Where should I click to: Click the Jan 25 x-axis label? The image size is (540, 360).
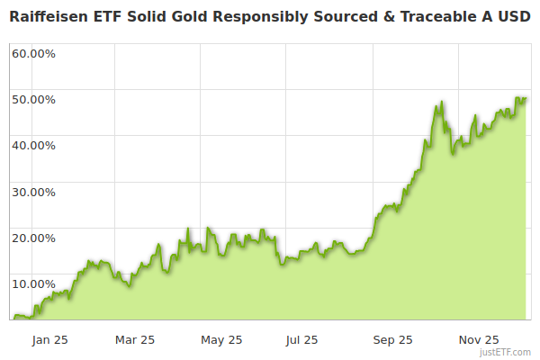49,340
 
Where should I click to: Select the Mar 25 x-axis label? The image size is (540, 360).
135,340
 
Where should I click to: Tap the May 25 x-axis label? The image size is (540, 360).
221,340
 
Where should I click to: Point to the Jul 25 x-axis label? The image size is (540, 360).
301,340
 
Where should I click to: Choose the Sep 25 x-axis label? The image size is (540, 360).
392,340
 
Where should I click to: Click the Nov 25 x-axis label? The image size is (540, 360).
479,340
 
